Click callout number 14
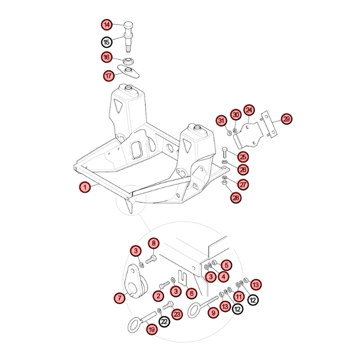click(x=107, y=25)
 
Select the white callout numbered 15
click(x=107, y=42)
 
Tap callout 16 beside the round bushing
click(x=107, y=57)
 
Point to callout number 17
click(x=109, y=75)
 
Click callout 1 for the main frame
click(x=85, y=187)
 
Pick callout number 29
click(x=286, y=119)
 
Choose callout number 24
click(x=249, y=110)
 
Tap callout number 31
click(x=221, y=121)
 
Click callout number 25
click(x=243, y=157)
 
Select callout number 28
click(x=236, y=198)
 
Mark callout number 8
click(x=153, y=243)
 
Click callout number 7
click(x=120, y=298)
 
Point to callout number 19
click(x=152, y=330)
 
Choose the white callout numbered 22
click(x=164, y=321)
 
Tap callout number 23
click(x=177, y=314)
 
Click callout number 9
click(x=214, y=313)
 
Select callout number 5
click(x=227, y=265)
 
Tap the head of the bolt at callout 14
click(x=128, y=25)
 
